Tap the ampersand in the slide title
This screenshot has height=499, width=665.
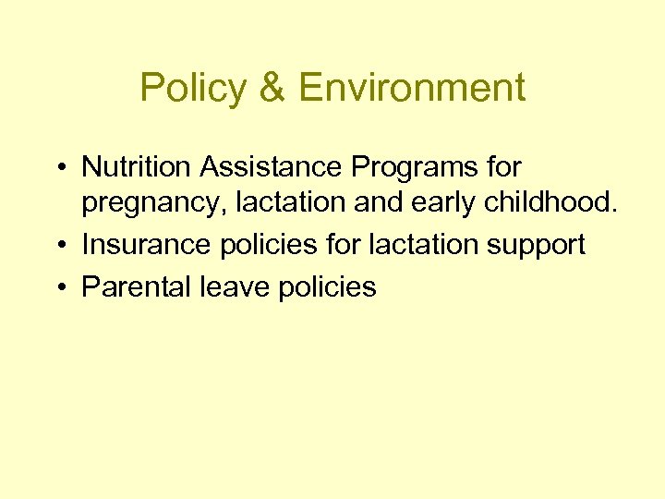point(273,89)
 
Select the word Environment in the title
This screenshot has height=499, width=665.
point(412,89)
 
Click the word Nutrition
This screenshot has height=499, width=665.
point(136,167)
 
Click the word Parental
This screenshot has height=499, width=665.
point(137,287)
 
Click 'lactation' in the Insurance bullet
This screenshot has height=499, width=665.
point(411,245)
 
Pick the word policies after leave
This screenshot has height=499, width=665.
point(328,288)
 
